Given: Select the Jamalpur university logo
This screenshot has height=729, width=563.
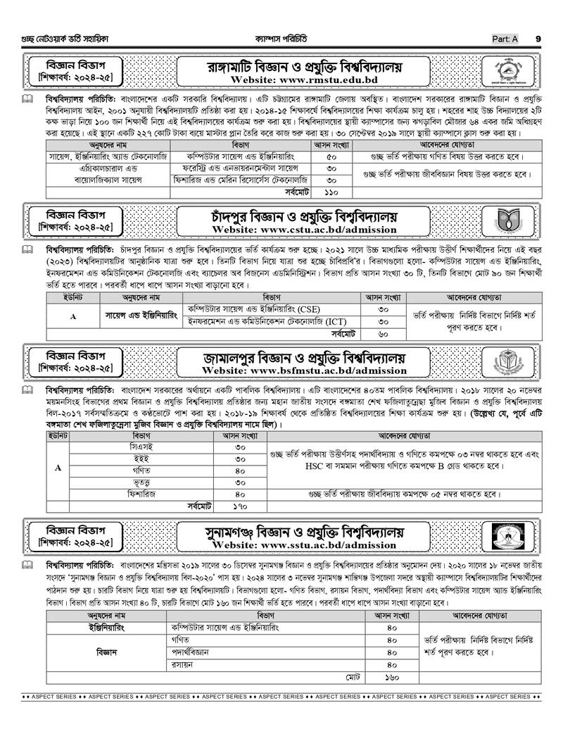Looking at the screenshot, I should [x=521, y=361].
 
